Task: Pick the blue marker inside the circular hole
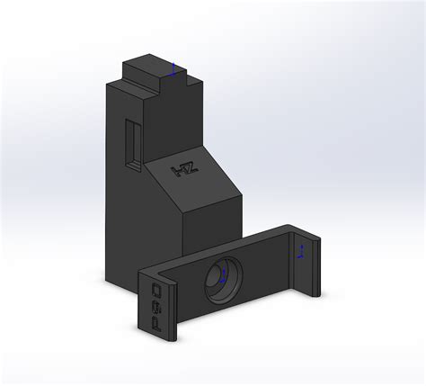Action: click(x=222, y=280)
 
